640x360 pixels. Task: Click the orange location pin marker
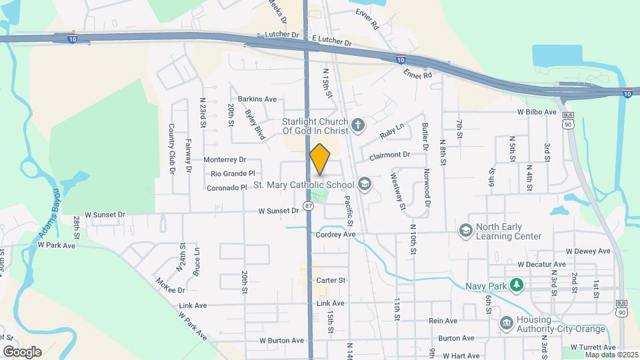coord(320,159)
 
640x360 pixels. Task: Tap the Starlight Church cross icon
coord(358,124)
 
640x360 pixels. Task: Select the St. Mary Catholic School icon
coord(364,183)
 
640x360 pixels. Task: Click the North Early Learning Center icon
coord(465,231)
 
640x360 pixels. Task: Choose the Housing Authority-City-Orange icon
coord(506,323)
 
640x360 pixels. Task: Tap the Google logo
coord(22,351)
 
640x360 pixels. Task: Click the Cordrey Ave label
coord(335,235)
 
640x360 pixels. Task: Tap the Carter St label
coord(331,281)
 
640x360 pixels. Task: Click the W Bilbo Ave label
coord(537,112)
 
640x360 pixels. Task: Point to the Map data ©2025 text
coord(610,354)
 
